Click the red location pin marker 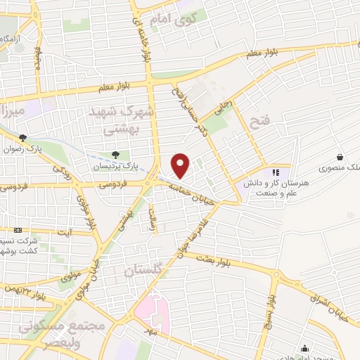(181, 166)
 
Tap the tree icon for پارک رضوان (23, 139)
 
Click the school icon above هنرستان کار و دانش (275, 172)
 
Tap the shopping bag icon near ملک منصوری (340, 157)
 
